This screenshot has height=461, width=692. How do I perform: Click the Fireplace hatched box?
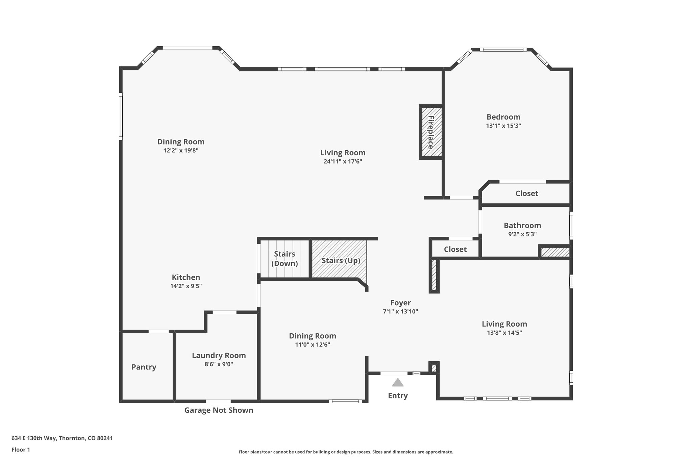click(431, 132)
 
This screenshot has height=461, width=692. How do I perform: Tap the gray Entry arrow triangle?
click(398, 383)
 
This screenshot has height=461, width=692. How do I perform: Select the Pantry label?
click(144, 367)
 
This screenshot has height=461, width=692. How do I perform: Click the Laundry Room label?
click(219, 356)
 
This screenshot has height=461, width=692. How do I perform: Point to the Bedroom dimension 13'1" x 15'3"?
click(503, 126)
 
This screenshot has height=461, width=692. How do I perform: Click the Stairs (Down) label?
click(285, 259)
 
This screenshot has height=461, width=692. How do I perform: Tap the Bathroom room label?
click(522, 226)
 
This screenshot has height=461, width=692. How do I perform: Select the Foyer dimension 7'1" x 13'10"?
click(400, 312)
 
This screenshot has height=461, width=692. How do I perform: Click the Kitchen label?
click(186, 278)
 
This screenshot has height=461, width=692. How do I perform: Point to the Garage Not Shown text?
click(219, 410)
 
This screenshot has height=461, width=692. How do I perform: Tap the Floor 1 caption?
click(21, 450)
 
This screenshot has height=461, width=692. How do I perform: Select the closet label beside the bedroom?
click(526, 194)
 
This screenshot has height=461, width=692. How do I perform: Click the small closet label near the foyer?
click(455, 250)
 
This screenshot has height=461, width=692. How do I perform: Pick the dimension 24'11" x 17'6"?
click(343, 161)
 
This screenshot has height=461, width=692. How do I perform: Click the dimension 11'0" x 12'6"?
click(312, 345)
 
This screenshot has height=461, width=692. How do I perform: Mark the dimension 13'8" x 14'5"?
click(504, 333)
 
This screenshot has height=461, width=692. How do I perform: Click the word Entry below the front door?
click(398, 396)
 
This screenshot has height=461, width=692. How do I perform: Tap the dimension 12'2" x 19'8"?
click(181, 151)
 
